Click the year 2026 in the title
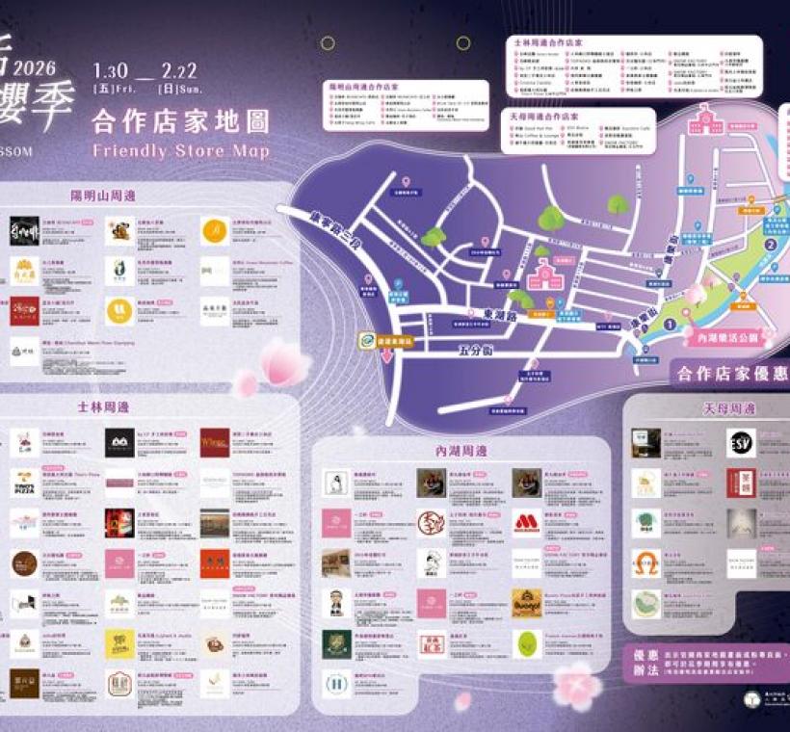[x=36, y=67]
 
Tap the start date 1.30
[x=111, y=71]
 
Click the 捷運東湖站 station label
[x=396, y=340]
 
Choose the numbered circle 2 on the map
[x=770, y=245]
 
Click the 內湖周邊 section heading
[x=461, y=450]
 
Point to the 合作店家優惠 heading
[x=727, y=373]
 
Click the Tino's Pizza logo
[x=25, y=481]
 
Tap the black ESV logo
[x=741, y=442]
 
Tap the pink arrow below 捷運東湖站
[x=388, y=356]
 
